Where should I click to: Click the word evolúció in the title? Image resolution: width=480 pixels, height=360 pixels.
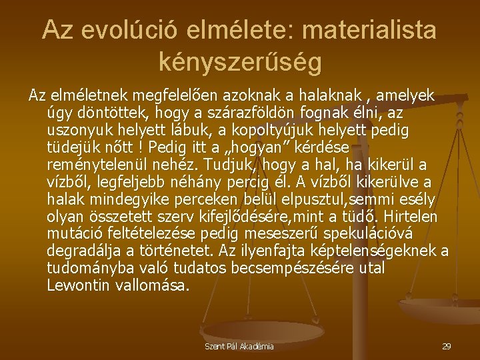(131, 30)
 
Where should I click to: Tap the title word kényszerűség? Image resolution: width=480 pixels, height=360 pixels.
(240, 62)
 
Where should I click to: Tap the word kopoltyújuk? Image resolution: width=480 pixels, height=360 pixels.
(274, 129)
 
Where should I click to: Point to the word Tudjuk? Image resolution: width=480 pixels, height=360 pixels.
(230, 164)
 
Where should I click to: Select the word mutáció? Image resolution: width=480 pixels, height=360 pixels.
(74, 234)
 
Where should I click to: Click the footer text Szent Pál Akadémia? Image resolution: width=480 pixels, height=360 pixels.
(239, 347)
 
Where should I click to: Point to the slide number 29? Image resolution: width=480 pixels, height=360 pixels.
(447, 347)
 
